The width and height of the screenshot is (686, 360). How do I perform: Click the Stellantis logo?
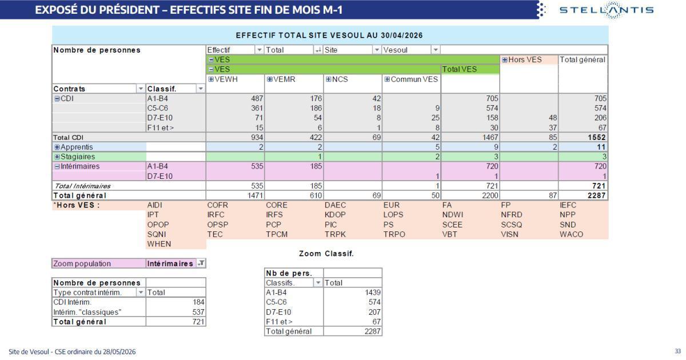tap(607, 10)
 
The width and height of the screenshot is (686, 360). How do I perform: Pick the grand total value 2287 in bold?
tap(597, 195)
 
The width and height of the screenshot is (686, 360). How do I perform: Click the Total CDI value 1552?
tap(597, 137)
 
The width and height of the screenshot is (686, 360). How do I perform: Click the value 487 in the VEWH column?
tap(257, 98)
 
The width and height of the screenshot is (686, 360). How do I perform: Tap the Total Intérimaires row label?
tap(82, 186)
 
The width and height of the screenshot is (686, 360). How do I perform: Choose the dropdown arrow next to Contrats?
tap(141, 89)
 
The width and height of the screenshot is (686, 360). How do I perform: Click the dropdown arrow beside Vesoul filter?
tap(436, 50)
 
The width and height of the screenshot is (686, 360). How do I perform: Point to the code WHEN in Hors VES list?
tap(159, 244)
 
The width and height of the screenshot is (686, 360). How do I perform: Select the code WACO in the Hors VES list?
tap(572, 234)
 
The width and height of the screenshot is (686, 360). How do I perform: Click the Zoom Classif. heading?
tap(326, 254)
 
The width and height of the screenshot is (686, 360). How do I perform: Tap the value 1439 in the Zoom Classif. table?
tap(372, 293)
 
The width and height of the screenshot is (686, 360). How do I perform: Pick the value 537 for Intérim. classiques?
tap(198, 312)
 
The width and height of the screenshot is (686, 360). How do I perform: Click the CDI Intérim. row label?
tap(72, 302)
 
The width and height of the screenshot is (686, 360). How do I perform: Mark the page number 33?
tap(677, 351)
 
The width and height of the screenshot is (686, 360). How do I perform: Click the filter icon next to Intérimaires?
tap(201, 263)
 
